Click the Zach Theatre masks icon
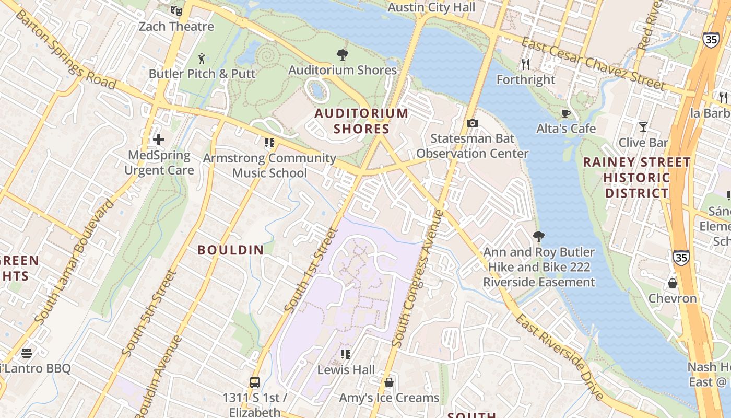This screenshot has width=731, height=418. tap(176, 10)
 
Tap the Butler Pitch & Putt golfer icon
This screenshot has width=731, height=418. tap(202, 59)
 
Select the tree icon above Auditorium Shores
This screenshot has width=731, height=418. tap(343, 54)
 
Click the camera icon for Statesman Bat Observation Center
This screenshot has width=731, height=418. tap(472, 123)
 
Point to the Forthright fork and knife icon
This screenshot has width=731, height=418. tap(526, 64)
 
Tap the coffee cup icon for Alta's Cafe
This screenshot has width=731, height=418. tap(566, 113)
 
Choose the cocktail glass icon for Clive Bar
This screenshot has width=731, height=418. tap(643, 127)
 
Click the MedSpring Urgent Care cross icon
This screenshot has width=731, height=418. tap(159, 140)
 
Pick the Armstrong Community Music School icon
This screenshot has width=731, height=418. tap(269, 142)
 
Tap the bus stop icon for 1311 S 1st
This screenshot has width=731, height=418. tap(255, 382)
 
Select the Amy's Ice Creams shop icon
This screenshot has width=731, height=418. tap(389, 382)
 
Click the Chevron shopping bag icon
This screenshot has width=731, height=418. tap(673, 283)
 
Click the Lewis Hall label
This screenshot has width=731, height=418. tap(346, 370)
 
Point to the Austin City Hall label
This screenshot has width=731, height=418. tap(431, 7)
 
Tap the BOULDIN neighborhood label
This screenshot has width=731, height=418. tap(231, 250)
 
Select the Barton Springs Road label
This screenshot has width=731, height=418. tap(65, 49)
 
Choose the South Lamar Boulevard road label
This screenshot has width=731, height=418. tap(74, 261)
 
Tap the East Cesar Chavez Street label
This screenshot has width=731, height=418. tap(594, 64)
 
